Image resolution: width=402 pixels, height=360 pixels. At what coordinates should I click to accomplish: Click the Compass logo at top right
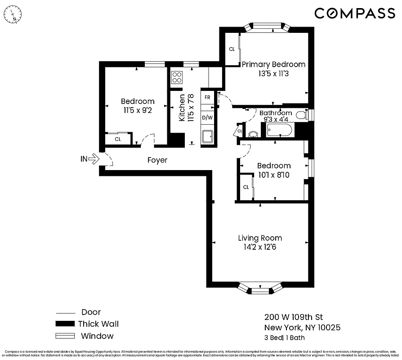pyautogui.click(x=354, y=13)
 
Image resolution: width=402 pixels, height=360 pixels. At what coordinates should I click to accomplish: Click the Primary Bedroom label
pyautogui.click(x=273, y=64)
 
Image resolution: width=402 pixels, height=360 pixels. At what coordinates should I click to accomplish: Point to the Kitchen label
pyautogui.click(x=182, y=108)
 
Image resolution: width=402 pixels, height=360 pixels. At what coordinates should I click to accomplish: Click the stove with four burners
pyautogui.click(x=177, y=77)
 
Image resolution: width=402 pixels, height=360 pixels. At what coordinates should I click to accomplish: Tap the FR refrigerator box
pyautogui.click(x=207, y=97)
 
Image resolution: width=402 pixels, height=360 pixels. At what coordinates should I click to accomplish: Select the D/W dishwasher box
pyautogui.click(x=207, y=118)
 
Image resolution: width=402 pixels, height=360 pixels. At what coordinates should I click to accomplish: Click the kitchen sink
pyautogui.click(x=208, y=136)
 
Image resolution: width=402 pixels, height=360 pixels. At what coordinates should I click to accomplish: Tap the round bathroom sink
pyautogui.click(x=253, y=134)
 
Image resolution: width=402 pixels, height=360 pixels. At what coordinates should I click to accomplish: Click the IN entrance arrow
pyautogui.click(x=92, y=158)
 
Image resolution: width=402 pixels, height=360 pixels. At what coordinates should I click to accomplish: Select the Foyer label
pyautogui.click(x=157, y=160)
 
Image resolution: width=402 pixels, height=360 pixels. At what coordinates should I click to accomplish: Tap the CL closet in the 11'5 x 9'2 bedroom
pyautogui.click(x=118, y=139)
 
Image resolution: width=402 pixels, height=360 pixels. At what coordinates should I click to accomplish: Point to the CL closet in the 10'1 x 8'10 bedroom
pyautogui.click(x=246, y=187)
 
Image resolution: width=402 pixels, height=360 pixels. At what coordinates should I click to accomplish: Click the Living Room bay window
pyautogui.click(x=260, y=288)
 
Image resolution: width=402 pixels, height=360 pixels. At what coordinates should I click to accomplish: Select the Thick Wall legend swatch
pyautogui.click(x=64, y=324)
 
